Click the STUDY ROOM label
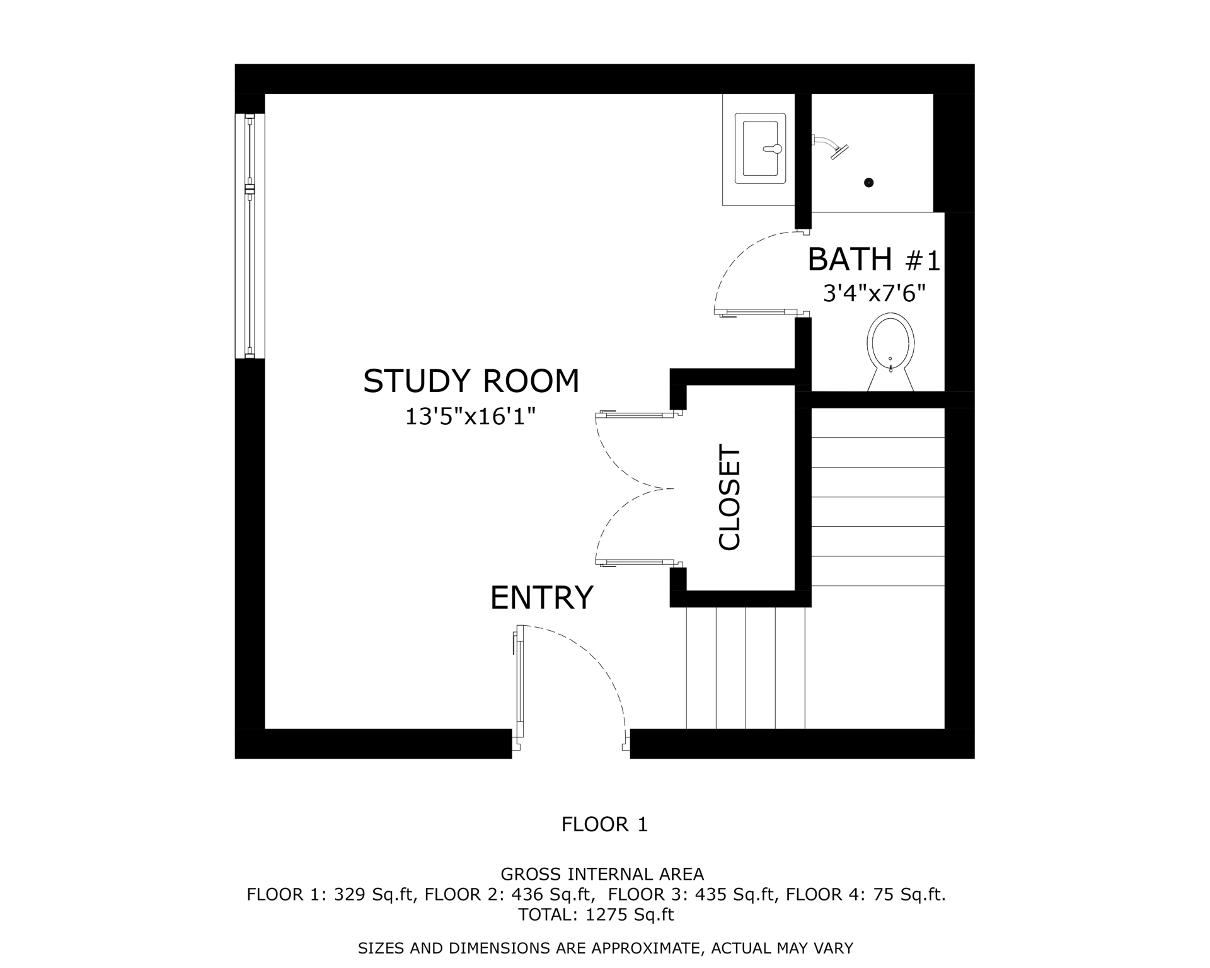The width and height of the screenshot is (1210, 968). coord(471,381)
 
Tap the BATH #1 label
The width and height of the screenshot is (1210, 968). coord(873,260)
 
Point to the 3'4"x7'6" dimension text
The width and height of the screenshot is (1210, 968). coord(874,293)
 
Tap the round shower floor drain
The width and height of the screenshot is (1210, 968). coord(869,183)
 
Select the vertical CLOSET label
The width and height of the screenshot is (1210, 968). coord(730,498)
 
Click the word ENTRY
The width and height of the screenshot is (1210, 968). coord(541,597)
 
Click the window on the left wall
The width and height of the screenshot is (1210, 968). coord(250,236)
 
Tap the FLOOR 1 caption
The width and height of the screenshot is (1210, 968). coord(604,824)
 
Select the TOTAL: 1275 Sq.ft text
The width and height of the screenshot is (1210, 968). coord(596,914)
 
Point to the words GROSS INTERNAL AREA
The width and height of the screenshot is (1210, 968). coord(602,874)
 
